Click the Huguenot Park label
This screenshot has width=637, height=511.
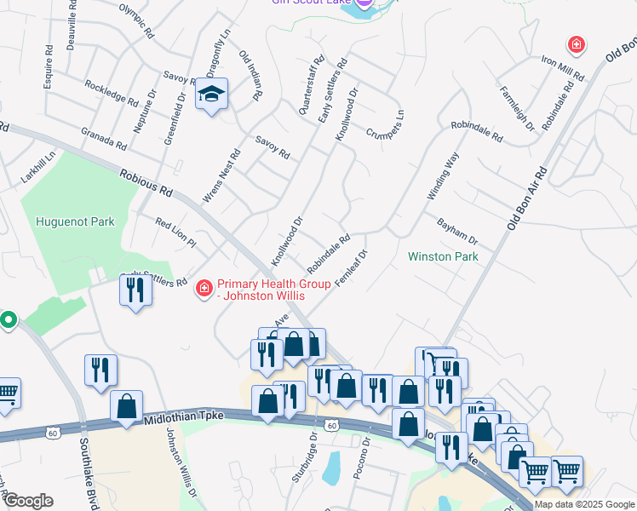pyautogui.click(x=75, y=222)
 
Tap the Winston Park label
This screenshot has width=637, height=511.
pyautogui.click(x=443, y=256)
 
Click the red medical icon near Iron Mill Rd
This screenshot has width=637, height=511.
pyautogui.click(x=577, y=43)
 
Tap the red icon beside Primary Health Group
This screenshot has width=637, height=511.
pyautogui.click(x=204, y=290)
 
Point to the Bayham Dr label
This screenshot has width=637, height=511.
pyautogui.click(x=457, y=227)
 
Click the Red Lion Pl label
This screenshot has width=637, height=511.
pyautogui.click(x=176, y=233)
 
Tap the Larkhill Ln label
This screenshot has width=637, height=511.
pyautogui.click(x=39, y=168)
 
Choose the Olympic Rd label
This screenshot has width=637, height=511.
pyautogui.click(x=136, y=23)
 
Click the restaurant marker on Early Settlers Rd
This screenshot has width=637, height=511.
pyautogui.click(x=135, y=292)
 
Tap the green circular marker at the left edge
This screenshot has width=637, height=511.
pyautogui.click(x=9, y=321)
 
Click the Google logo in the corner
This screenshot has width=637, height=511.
pyautogui.click(x=28, y=501)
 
